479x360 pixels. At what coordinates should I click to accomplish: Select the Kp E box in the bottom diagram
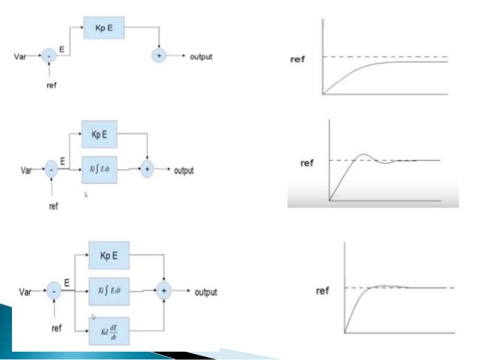click(x=110, y=256)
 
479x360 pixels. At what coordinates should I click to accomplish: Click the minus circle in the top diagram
click(x=48, y=56)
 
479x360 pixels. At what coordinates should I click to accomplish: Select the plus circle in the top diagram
click(x=159, y=56)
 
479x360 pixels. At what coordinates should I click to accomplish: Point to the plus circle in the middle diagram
click(x=148, y=171)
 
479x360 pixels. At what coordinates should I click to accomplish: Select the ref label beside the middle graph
click(x=307, y=161)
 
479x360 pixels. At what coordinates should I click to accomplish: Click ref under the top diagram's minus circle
click(x=52, y=86)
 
